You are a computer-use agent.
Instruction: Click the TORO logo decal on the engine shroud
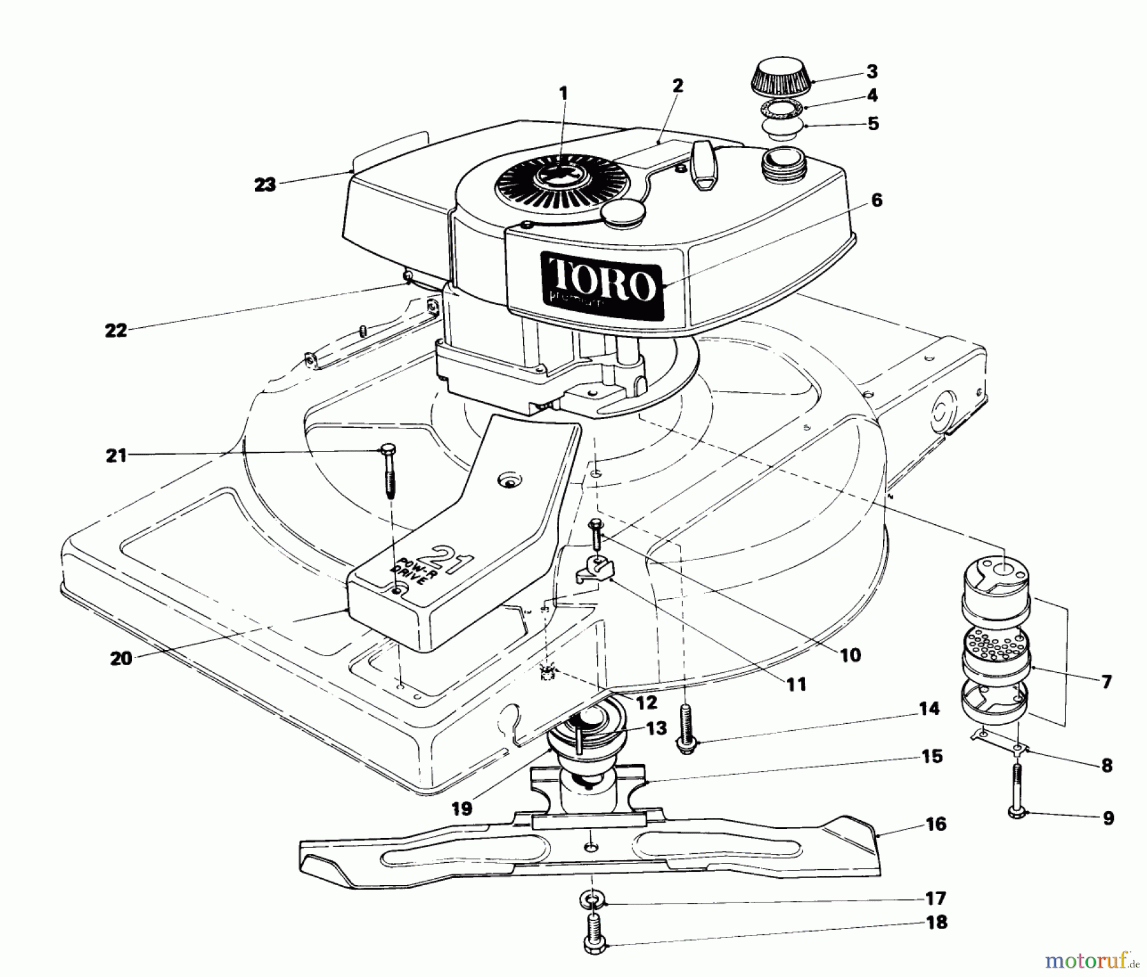602,285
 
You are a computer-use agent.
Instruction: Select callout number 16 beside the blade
935,824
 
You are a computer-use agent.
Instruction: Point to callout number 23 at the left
264,185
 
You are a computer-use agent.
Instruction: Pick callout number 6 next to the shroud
876,201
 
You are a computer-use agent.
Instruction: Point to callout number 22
117,331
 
